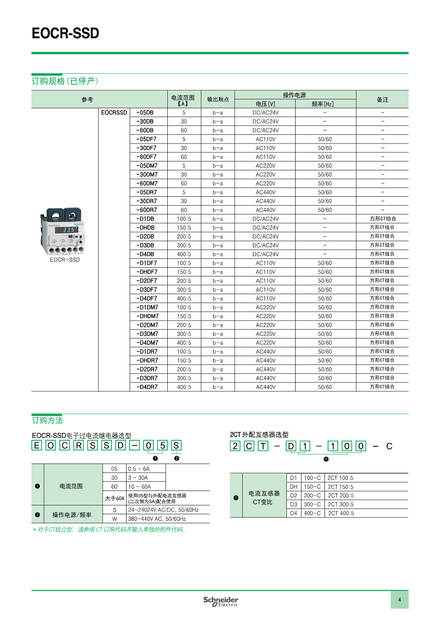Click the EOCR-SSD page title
pyautogui.click(x=65, y=34)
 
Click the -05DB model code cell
pyautogui.click(x=145, y=112)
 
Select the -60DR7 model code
pyautogui.click(x=147, y=210)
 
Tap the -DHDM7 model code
pyautogui.click(x=147, y=316)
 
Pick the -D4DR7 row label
pyautogui.click(x=147, y=387)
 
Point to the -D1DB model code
pyautogui.click(x=145, y=219)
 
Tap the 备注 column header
pyautogui.click(x=383, y=100)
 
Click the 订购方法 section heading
pyautogui.click(x=47, y=421)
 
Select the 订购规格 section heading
pyautogui.click(x=65, y=81)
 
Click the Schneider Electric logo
pyautogui.click(x=221, y=601)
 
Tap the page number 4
pyautogui.click(x=399, y=599)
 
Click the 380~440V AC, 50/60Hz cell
pyautogui.click(x=157, y=518)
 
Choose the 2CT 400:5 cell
pyautogui.click(x=341, y=513)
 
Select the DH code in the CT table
pyautogui.click(x=294, y=487)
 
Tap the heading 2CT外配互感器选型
pyautogui.click(x=259, y=435)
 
